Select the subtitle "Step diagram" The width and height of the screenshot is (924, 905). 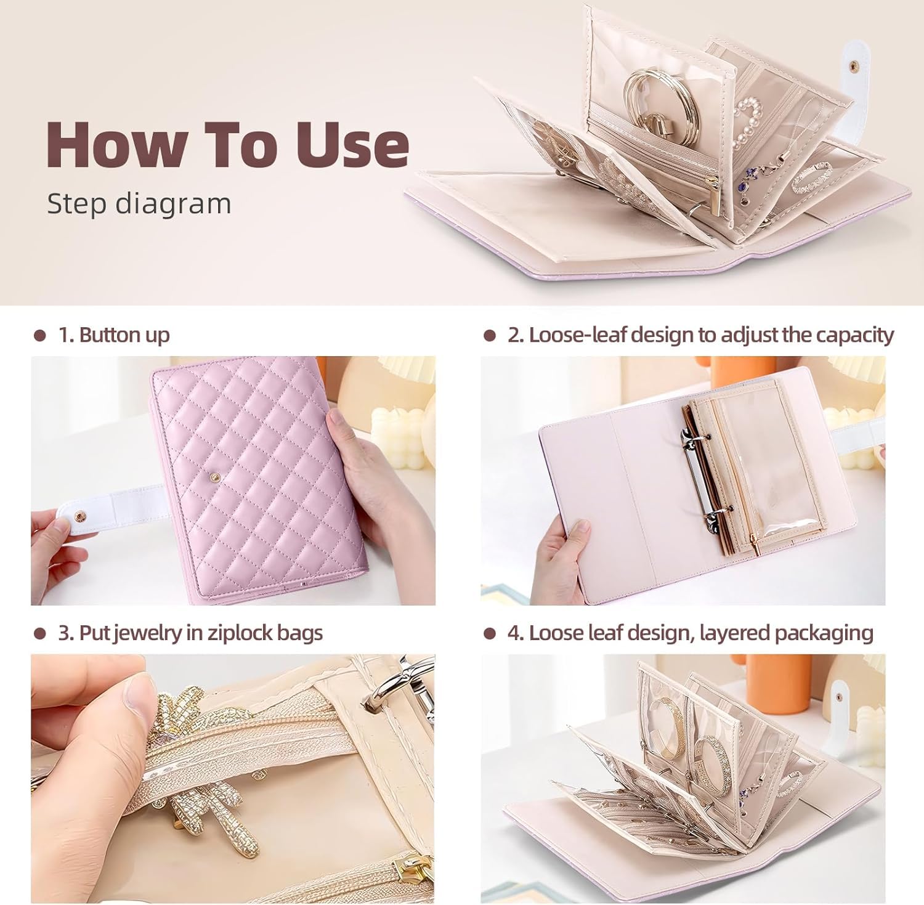click(139, 204)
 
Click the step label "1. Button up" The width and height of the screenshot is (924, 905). click(114, 335)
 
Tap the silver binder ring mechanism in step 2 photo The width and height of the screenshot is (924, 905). click(699, 468)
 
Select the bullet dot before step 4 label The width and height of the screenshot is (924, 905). click(490, 634)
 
